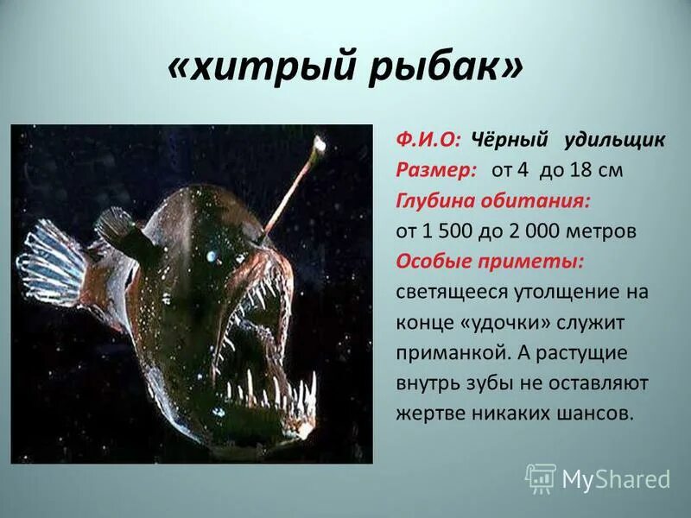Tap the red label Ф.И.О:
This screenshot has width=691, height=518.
coord(428,139)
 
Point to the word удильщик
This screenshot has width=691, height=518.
coord(614,139)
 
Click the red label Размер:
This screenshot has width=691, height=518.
coord(435,170)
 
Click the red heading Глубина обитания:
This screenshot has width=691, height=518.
coord(493,200)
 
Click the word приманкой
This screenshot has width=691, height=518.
coord(442,353)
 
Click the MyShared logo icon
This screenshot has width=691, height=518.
coord(541,477)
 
